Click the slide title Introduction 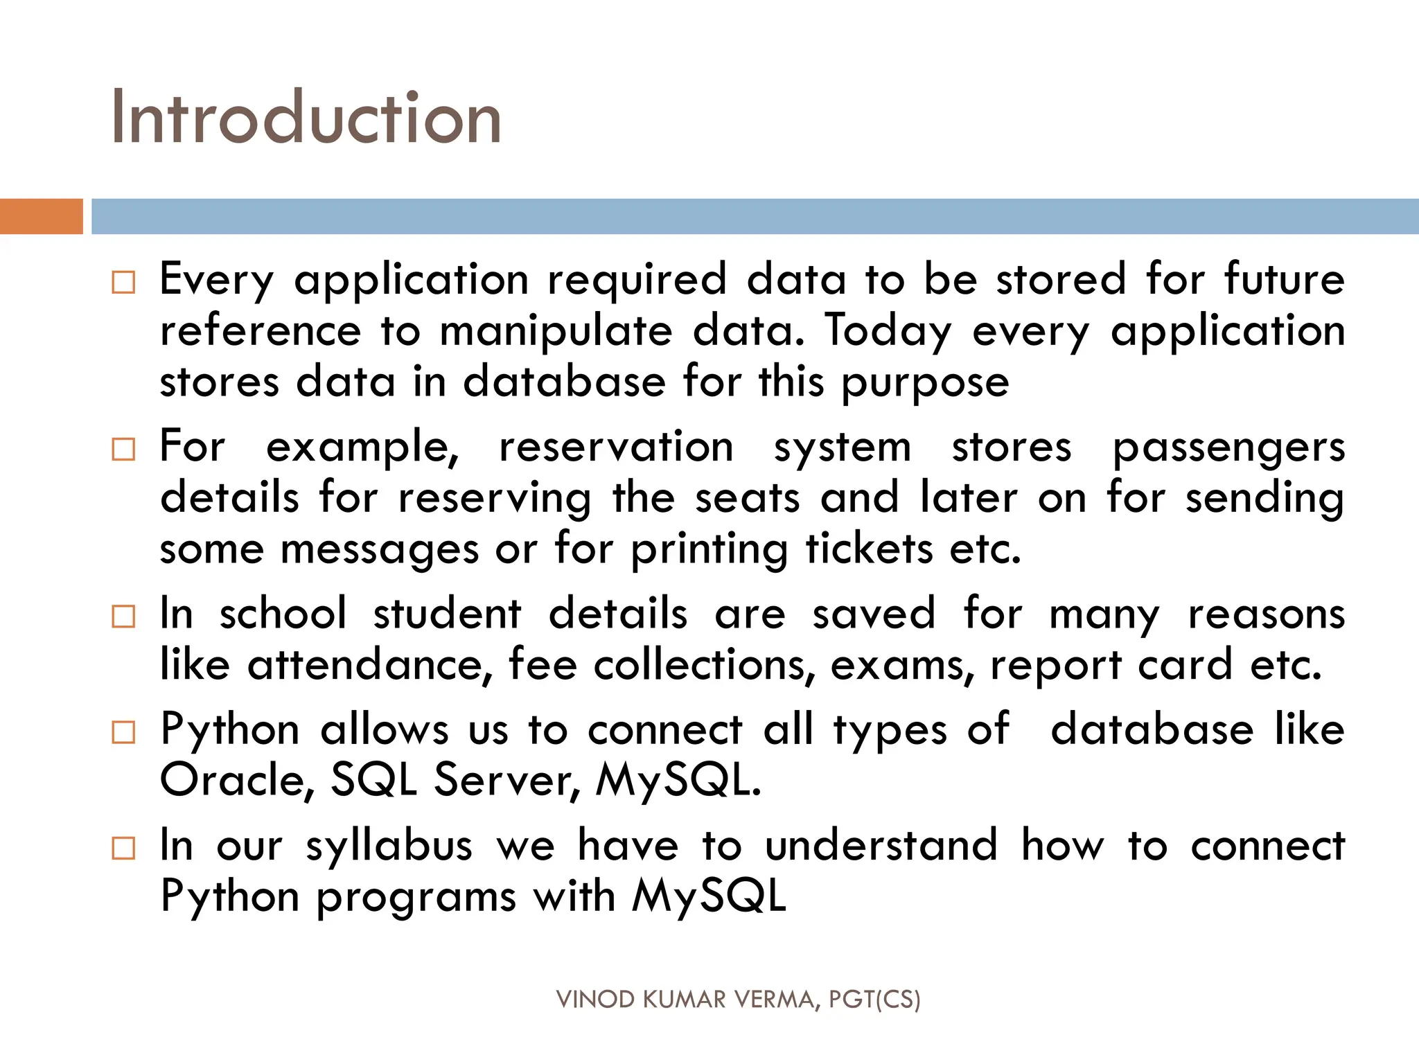(306, 118)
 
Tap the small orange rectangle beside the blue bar (41, 216)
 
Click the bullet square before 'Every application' (123, 283)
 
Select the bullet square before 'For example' (123, 450)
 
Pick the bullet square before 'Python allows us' (123, 732)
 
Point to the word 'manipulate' (556, 331)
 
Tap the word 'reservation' (616, 447)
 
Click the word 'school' (283, 614)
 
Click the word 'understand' (881, 846)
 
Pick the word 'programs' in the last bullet (416, 898)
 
